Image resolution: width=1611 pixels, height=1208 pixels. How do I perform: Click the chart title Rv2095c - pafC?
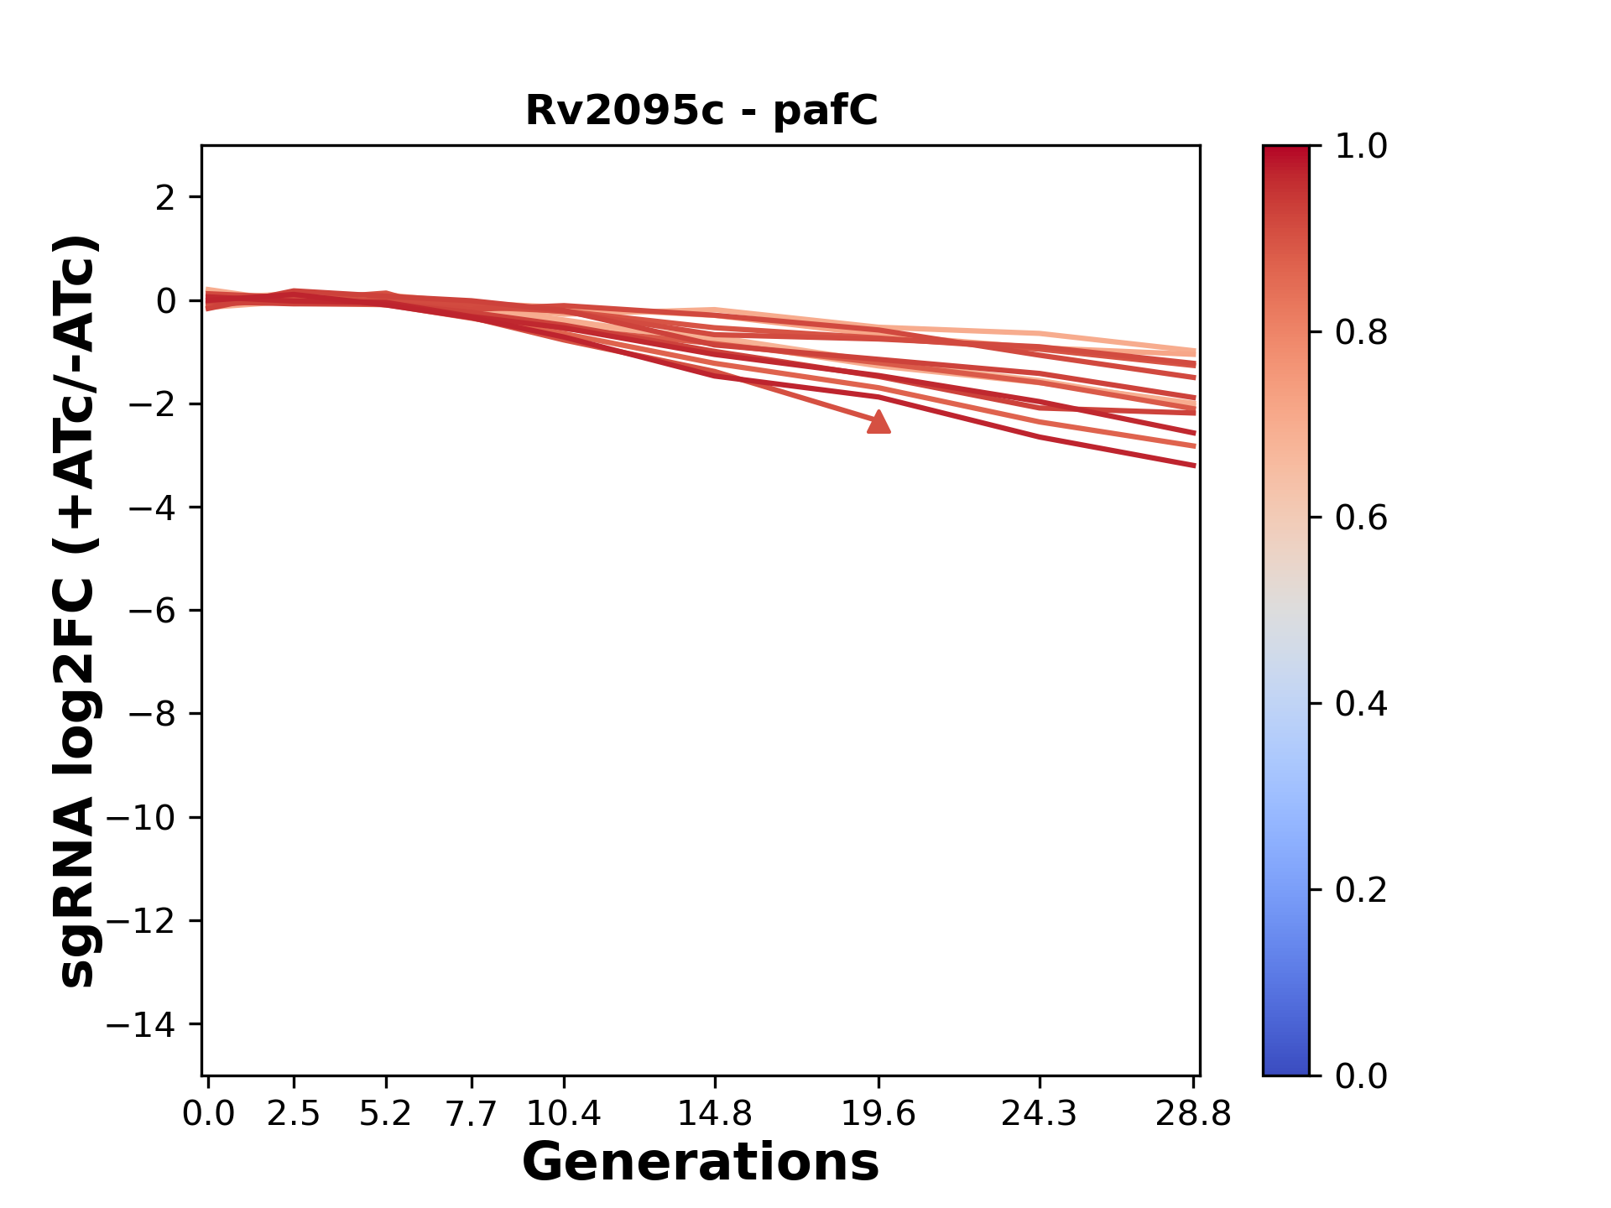tap(701, 110)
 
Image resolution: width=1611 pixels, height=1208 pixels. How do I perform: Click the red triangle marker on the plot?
tap(878, 422)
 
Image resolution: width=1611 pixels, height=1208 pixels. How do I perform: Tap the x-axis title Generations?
tap(701, 1162)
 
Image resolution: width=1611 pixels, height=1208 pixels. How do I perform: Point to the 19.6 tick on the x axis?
tap(878, 1114)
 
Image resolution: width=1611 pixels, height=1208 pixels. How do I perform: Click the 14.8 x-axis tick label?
tap(714, 1114)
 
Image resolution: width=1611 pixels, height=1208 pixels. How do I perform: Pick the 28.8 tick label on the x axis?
tap(1193, 1114)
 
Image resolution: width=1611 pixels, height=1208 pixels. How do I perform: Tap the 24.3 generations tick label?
tap(1039, 1114)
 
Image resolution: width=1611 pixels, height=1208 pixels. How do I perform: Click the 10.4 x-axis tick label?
tap(563, 1114)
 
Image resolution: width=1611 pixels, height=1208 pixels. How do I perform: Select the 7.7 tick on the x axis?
tap(472, 1114)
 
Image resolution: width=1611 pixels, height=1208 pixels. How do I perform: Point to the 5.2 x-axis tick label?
tap(385, 1114)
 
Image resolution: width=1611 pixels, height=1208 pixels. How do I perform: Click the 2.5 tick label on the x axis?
tap(294, 1114)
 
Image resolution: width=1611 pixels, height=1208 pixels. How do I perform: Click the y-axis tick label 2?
tap(166, 197)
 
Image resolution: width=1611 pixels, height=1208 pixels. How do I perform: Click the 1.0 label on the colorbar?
tap(1361, 146)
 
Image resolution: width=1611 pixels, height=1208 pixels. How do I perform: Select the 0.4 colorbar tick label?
tap(1361, 704)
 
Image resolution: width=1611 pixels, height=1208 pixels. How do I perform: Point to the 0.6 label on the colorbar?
tap(1361, 518)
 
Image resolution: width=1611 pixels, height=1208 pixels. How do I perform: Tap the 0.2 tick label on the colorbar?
tap(1361, 889)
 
